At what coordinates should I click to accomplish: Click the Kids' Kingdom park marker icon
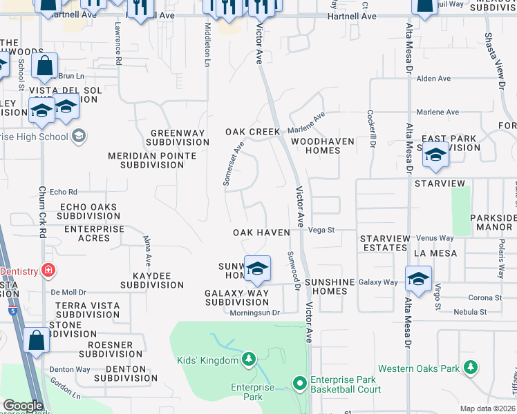(x=249, y=359)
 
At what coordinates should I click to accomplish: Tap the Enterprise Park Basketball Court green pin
(x=300, y=382)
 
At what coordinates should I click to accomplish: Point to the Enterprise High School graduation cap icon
(x=79, y=135)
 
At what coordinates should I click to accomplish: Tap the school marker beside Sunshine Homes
(x=418, y=278)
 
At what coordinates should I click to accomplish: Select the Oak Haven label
(x=261, y=233)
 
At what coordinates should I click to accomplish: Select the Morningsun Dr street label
(x=254, y=313)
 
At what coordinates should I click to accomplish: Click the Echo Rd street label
(x=63, y=192)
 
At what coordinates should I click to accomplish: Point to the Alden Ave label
(x=433, y=79)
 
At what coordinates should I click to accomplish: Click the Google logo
(x=22, y=406)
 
